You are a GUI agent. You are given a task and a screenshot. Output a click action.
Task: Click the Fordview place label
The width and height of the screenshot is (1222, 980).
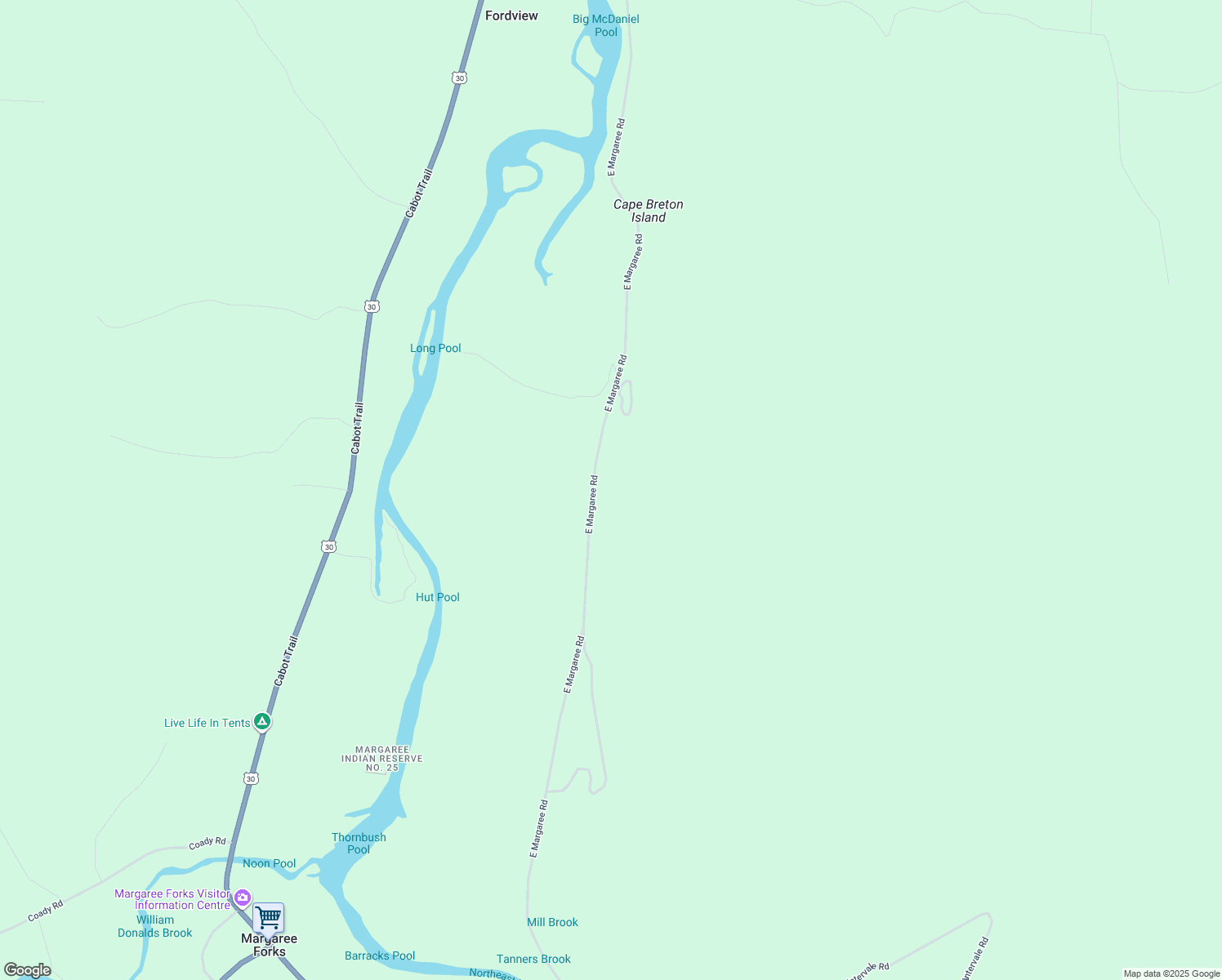tap(511, 16)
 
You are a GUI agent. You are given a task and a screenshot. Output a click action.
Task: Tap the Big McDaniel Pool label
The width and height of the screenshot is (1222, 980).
tap(606, 25)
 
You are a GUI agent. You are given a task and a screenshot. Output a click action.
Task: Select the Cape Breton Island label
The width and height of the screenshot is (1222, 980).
tap(649, 211)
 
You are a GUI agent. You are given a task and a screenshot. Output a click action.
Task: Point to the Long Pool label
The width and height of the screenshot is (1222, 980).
tap(435, 348)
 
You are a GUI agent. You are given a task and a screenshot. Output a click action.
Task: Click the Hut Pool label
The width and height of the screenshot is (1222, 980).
tap(438, 597)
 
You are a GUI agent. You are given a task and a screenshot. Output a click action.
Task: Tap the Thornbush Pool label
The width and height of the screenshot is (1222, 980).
tap(359, 843)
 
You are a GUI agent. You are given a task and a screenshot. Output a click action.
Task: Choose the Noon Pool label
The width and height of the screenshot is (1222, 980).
tap(269, 863)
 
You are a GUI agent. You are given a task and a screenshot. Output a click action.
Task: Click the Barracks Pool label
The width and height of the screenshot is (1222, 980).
tap(380, 955)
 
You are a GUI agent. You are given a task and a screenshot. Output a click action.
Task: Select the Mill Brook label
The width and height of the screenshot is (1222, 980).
tap(552, 922)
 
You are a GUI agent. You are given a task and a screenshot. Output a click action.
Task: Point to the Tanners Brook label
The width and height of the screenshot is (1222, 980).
tap(533, 959)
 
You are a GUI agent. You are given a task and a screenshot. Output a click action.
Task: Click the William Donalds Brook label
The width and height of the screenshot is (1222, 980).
tap(155, 926)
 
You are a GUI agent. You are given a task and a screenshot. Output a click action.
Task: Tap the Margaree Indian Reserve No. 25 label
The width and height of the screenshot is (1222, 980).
tap(382, 759)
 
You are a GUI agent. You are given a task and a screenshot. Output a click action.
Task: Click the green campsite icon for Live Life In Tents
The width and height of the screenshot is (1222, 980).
tap(261, 721)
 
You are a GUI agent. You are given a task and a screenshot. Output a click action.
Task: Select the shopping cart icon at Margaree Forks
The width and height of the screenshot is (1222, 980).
tap(268, 918)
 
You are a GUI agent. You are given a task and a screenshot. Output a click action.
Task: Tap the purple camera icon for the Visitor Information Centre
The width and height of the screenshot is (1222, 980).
tap(243, 897)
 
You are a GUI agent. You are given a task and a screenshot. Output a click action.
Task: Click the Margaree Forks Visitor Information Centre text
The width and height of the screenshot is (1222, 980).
tap(173, 899)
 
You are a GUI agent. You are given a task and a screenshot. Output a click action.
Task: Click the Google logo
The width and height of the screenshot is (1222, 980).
tap(28, 970)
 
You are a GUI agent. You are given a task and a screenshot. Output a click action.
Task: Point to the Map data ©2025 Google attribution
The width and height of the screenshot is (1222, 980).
tap(1171, 973)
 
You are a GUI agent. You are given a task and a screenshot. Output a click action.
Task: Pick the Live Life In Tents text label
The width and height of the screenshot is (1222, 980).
tap(207, 723)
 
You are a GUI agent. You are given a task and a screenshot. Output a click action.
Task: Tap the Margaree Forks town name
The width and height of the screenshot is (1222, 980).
tap(270, 946)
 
